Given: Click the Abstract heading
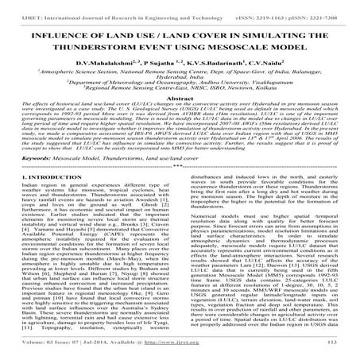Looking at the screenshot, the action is point(180,118).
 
